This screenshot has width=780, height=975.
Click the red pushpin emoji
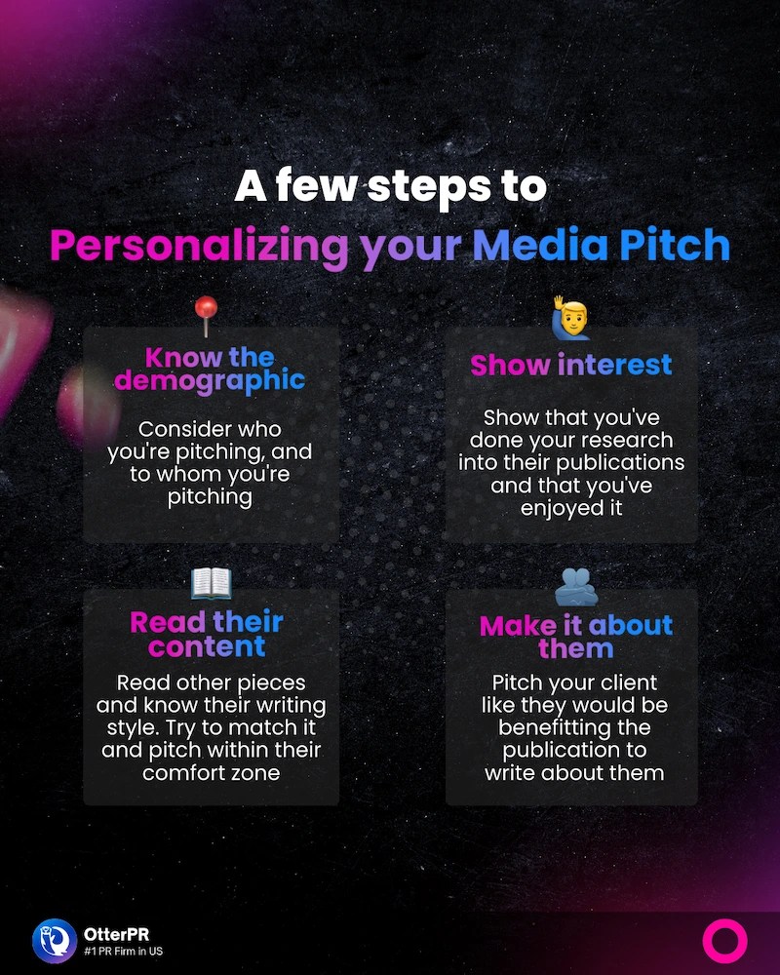(x=208, y=314)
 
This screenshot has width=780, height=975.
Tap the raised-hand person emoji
(x=570, y=319)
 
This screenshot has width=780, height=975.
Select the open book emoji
(x=210, y=584)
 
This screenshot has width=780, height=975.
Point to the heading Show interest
(x=571, y=365)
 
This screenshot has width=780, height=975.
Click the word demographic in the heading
(x=210, y=378)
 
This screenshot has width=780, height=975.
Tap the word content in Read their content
(x=207, y=645)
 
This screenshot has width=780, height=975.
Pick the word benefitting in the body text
(x=572, y=728)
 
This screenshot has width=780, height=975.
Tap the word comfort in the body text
(x=182, y=772)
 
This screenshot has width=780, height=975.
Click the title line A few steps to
(x=390, y=185)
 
